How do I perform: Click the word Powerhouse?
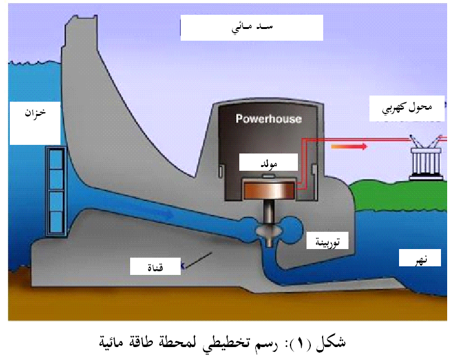pyautogui.click(x=268, y=118)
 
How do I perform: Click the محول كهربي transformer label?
pyautogui.click(x=409, y=107)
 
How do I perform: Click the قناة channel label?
pyautogui.click(x=154, y=266)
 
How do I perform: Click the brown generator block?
pyautogui.click(x=269, y=190)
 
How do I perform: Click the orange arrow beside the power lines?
pyautogui.click(x=348, y=147)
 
